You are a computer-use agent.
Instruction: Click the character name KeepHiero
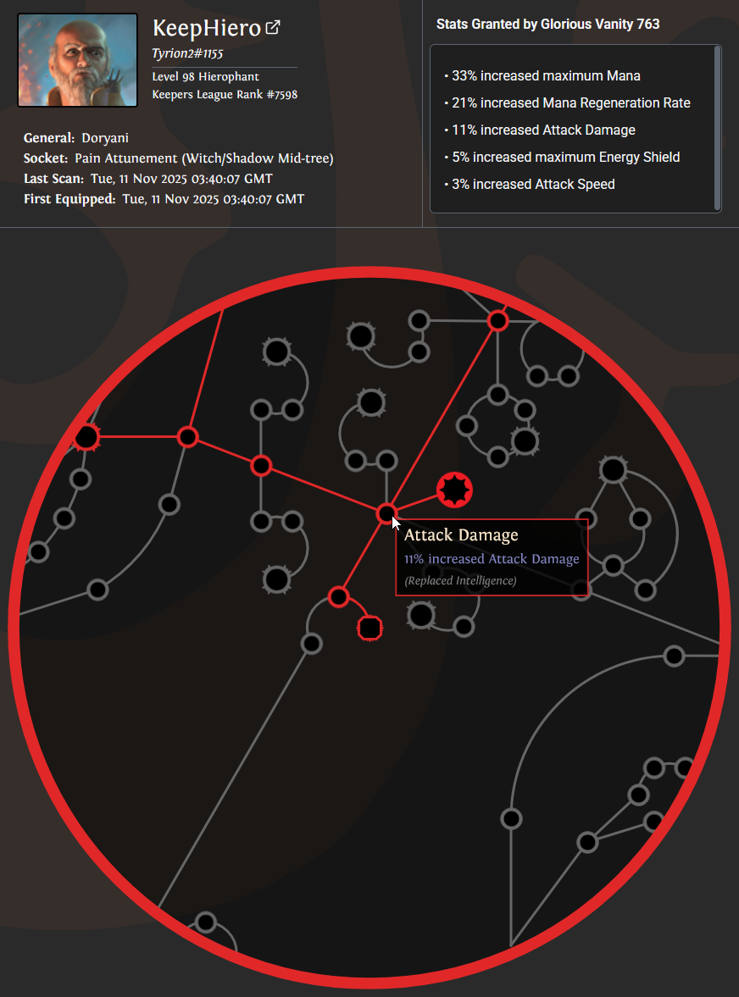point(207,29)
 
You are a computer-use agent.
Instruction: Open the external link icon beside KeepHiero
point(273,27)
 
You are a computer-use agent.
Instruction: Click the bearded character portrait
point(78,60)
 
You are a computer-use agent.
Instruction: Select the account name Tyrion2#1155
point(187,53)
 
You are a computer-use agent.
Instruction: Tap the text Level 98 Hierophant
point(205,77)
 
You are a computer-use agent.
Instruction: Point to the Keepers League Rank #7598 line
point(225,95)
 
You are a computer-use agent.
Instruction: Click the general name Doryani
point(105,138)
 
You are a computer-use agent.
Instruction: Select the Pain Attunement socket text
point(204,158)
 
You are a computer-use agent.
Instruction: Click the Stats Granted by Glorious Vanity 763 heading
point(547,25)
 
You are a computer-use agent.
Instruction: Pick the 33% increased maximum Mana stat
point(546,75)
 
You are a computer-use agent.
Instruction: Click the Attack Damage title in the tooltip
point(461,535)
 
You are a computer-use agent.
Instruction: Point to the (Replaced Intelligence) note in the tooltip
point(460,580)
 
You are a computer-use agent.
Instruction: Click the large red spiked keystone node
point(455,490)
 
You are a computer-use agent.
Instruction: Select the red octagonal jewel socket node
point(370,629)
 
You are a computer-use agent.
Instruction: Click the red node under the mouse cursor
point(386,513)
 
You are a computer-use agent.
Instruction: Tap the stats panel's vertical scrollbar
point(717,129)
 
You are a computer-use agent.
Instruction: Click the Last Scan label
point(53,179)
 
